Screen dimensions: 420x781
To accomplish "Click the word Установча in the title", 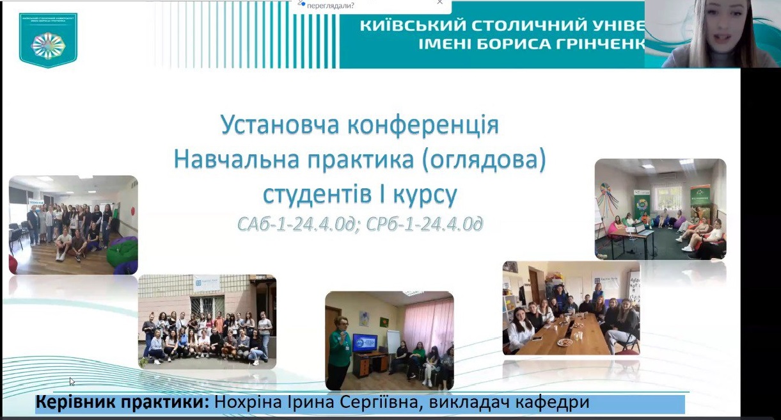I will coord(280,125).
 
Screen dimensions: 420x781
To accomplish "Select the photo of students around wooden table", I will coord(571,307).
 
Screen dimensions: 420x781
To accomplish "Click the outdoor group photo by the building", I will coord(207,321).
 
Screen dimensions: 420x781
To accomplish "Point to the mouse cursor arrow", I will coord(72,381).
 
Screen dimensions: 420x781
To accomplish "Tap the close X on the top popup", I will coord(439,3).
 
